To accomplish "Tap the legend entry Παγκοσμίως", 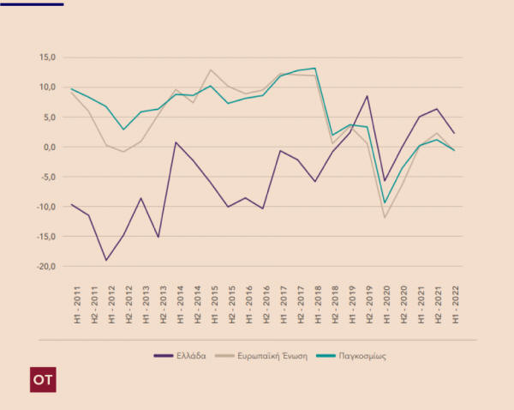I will tap(360, 355).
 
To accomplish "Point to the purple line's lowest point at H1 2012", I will tap(106, 260).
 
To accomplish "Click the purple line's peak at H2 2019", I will tap(368, 96).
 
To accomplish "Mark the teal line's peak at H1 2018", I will tap(315, 69).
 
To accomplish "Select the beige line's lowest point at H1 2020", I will tap(385, 217).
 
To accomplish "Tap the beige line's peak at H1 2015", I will tap(211, 70).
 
